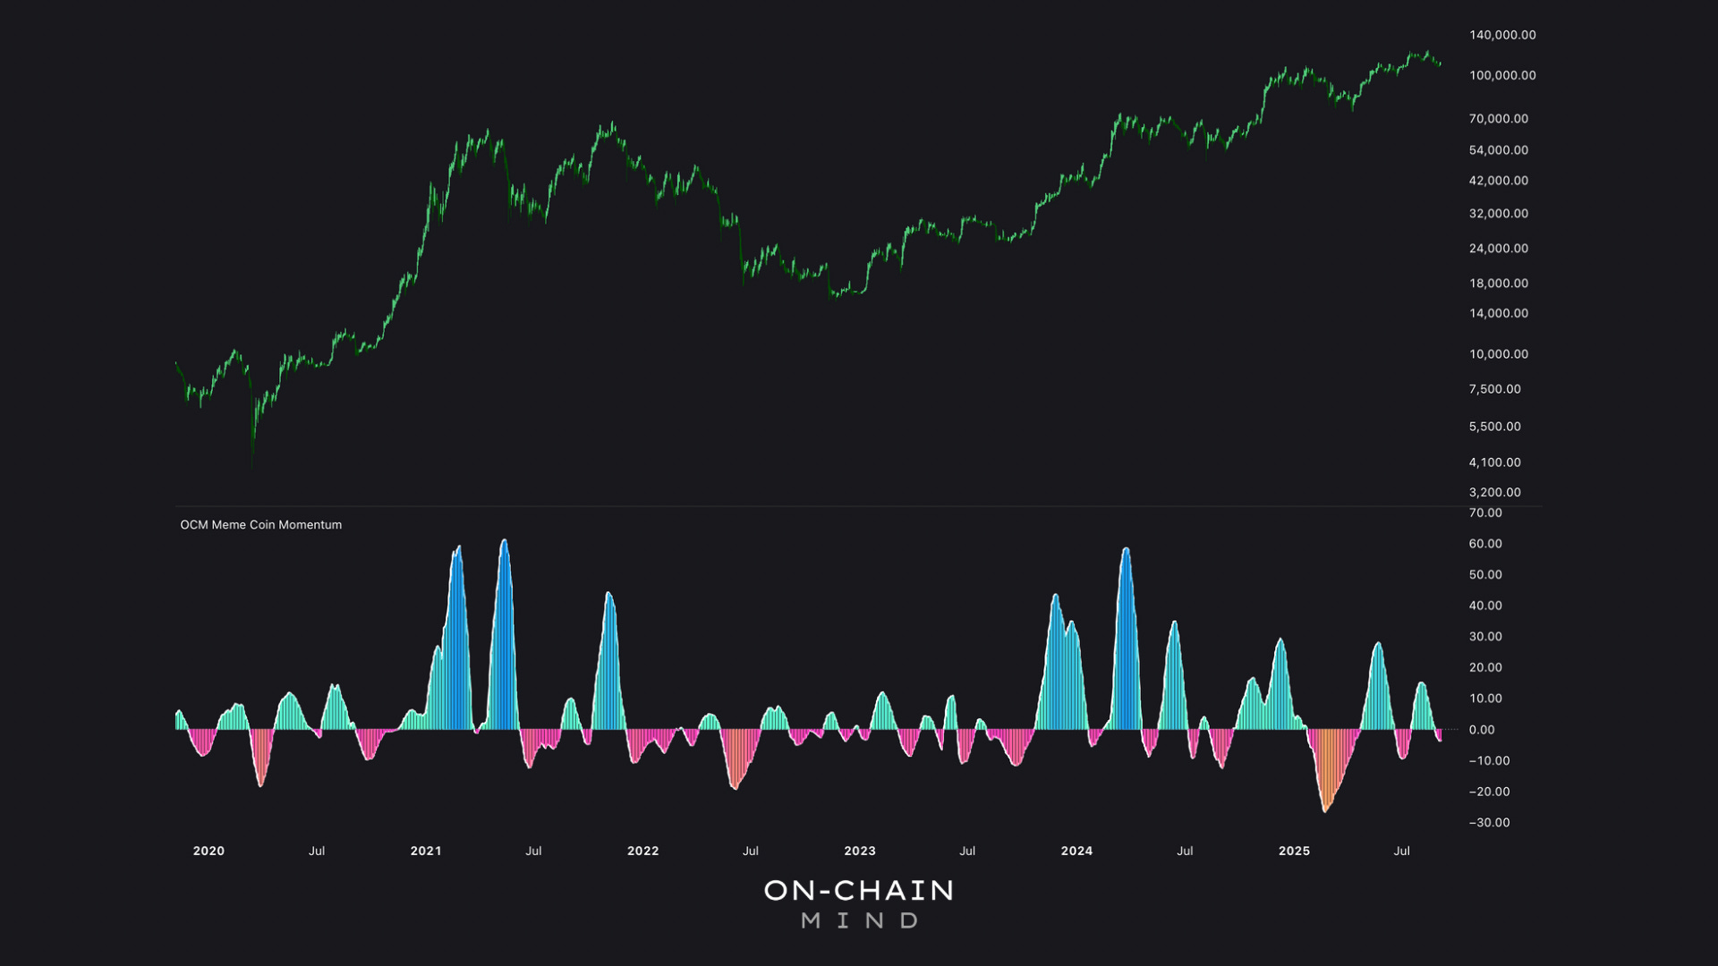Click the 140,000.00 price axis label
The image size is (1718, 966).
(1501, 35)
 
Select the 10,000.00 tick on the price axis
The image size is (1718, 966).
(1498, 354)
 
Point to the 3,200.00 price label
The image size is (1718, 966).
(1494, 493)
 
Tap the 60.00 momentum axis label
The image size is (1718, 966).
(1484, 544)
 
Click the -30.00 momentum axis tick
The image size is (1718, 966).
(1489, 823)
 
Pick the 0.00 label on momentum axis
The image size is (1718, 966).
(1481, 730)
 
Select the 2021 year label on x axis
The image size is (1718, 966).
(426, 851)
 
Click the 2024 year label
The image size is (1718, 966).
(1076, 851)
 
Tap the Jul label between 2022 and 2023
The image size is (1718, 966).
(750, 851)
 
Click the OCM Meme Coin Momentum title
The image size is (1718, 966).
(260, 525)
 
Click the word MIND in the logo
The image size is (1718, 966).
(859, 920)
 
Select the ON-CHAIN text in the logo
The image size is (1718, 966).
(859, 890)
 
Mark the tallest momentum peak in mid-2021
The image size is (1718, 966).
(504, 541)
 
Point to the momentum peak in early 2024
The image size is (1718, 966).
(1126, 549)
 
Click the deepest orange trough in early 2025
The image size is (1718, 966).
(1325, 809)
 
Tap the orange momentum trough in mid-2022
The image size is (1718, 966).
(735, 787)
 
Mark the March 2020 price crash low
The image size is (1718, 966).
(252, 461)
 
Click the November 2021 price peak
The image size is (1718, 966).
(612, 123)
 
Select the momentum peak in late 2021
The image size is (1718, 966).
(608, 594)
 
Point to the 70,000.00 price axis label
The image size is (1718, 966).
(1498, 119)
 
